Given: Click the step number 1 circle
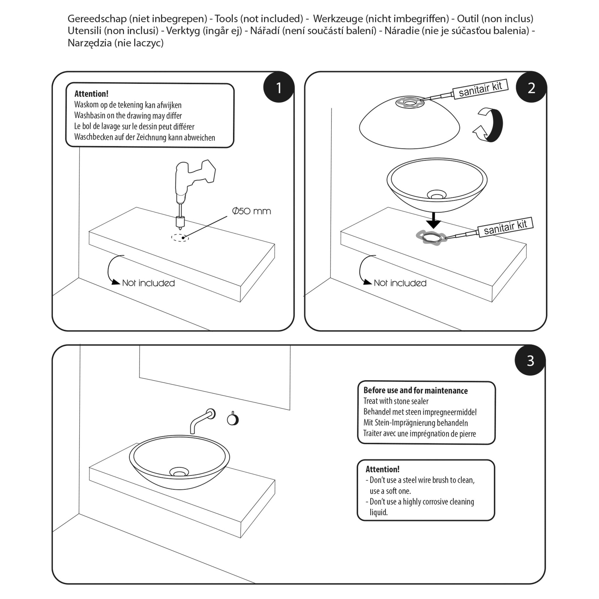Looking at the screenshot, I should [x=278, y=87].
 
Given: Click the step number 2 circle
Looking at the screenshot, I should [x=531, y=87].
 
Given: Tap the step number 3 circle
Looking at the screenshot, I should [x=530, y=360].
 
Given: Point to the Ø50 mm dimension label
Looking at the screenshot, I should [x=252, y=211].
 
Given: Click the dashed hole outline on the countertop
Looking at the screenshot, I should [x=180, y=237].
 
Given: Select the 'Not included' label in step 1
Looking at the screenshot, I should [x=148, y=283].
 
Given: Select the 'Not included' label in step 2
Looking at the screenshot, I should [x=400, y=283].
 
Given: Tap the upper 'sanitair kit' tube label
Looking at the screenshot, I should [x=480, y=89].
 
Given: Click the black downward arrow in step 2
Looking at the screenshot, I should [x=433, y=221].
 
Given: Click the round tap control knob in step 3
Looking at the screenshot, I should [x=233, y=419].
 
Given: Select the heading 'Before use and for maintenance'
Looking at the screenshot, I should [x=415, y=390].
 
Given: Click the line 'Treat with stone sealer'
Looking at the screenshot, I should [x=396, y=401].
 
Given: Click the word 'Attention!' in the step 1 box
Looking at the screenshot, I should [x=91, y=94].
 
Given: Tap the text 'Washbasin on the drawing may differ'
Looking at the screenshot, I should [x=128, y=116].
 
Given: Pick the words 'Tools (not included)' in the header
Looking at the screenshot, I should [x=259, y=19].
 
